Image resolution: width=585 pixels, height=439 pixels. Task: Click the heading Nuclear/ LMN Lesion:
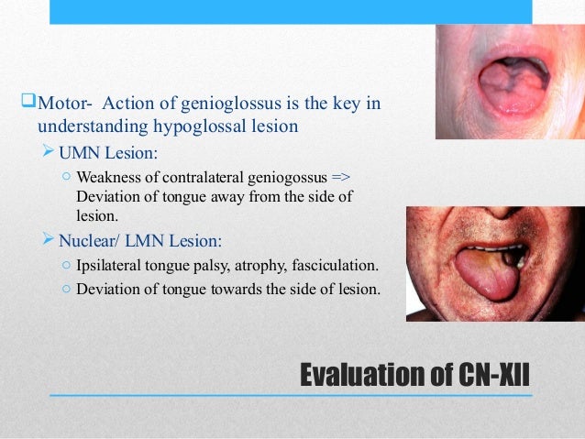[x=142, y=242]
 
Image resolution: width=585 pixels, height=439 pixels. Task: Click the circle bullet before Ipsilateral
[x=68, y=268]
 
